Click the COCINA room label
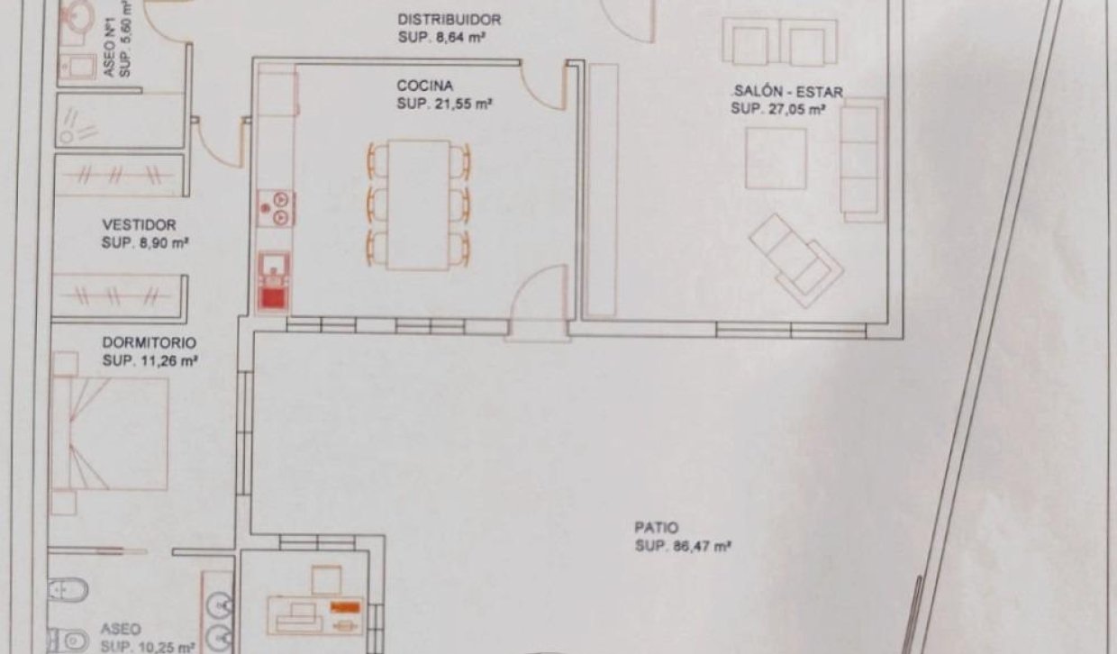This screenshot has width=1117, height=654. point(425,86)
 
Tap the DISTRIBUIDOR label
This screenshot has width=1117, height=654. point(449,20)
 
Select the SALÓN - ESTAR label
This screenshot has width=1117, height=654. point(788,92)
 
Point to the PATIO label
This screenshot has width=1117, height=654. point(656,527)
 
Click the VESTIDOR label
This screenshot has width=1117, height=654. point(139,225)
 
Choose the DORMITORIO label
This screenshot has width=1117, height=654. point(150,342)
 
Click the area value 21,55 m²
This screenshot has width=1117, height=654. point(458,104)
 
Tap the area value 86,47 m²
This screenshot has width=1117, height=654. point(701,546)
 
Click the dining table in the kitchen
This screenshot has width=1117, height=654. point(419,205)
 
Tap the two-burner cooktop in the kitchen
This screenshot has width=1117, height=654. point(276,208)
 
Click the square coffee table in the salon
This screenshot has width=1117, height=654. point(776,159)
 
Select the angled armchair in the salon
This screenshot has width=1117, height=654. point(796,261)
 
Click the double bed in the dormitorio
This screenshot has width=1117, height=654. point(110,433)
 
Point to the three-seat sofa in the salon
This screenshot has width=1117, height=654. point(862,159)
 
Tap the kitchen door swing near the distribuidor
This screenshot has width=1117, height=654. point(544,86)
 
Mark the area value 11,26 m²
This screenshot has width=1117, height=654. point(169,360)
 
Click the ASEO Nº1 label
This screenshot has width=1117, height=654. point(110,47)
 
